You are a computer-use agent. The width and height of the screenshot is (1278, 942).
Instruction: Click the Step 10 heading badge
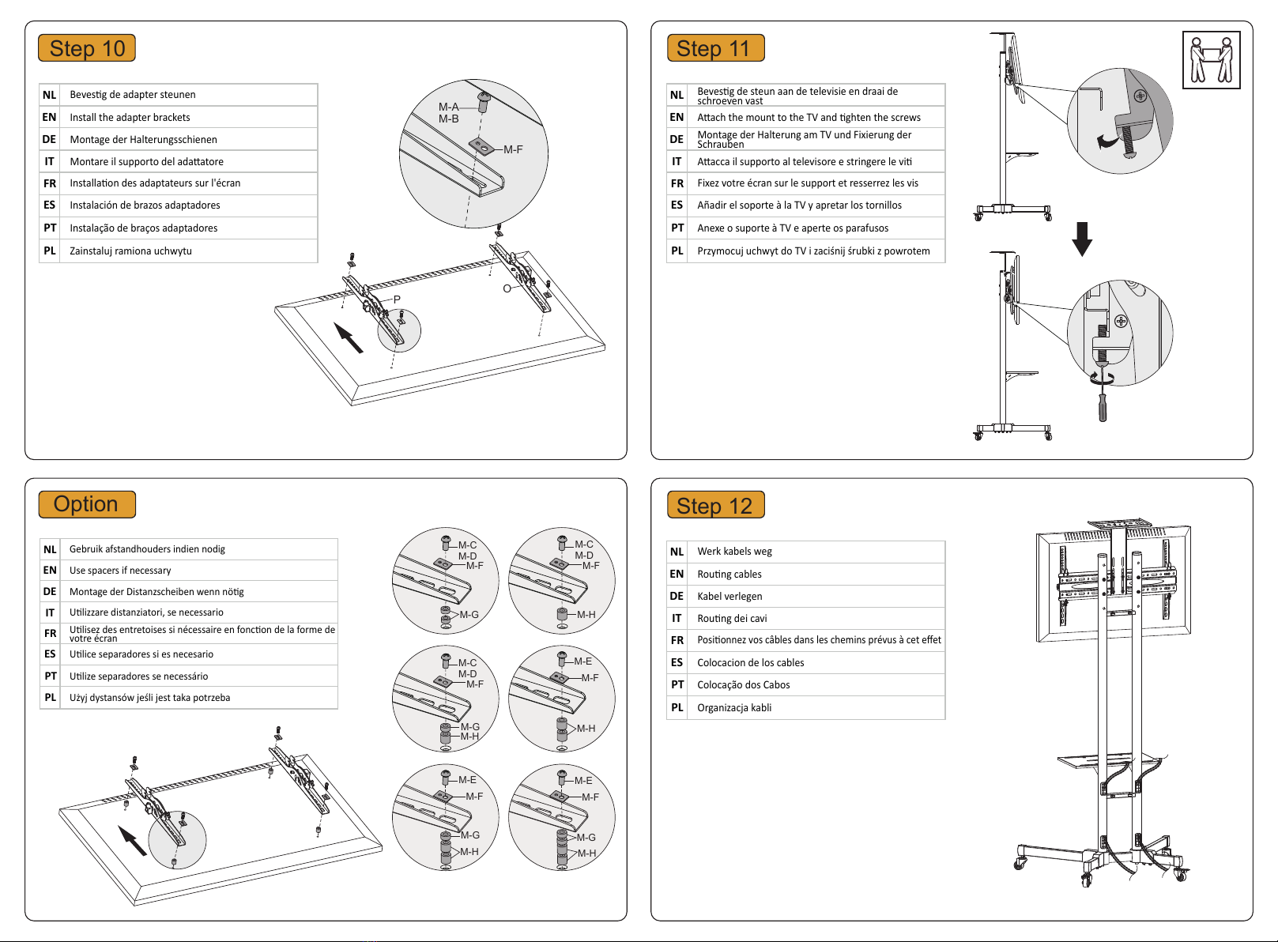pyautogui.click(x=87, y=48)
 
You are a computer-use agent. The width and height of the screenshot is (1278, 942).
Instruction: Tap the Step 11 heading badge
pyautogui.click(x=715, y=48)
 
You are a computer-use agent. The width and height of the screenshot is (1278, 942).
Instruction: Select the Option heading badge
pyautogui.click(x=87, y=504)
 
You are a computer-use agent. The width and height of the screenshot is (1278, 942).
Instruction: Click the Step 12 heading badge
pyautogui.click(x=715, y=505)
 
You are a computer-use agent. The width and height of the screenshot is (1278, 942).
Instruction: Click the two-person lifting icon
pyautogui.click(x=1212, y=60)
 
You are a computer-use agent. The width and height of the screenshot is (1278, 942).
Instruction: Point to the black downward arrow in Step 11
pyautogui.click(x=1082, y=239)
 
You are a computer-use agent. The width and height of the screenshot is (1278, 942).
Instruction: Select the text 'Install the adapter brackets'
pyautogui.click(x=130, y=117)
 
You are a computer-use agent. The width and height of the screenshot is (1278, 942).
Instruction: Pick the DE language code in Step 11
pyautogui.click(x=677, y=139)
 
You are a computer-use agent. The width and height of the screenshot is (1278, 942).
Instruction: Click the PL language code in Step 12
pyautogui.click(x=677, y=707)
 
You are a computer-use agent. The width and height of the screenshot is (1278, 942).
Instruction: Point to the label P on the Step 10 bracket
pyautogui.click(x=397, y=299)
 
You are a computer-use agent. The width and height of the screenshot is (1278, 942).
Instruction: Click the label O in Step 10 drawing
pyautogui.click(x=507, y=288)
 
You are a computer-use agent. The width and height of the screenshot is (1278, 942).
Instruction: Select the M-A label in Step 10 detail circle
pyautogui.click(x=448, y=107)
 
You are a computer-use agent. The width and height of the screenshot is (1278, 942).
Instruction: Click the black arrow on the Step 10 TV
pyautogui.click(x=348, y=337)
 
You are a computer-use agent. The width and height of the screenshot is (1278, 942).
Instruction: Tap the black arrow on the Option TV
pyautogui.click(x=132, y=840)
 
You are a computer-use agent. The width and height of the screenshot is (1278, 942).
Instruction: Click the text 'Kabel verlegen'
pyautogui.click(x=729, y=596)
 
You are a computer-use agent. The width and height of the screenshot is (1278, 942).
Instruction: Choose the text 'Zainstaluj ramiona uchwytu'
pyautogui.click(x=130, y=251)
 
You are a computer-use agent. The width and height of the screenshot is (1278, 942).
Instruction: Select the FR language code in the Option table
pyautogui.click(x=51, y=633)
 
